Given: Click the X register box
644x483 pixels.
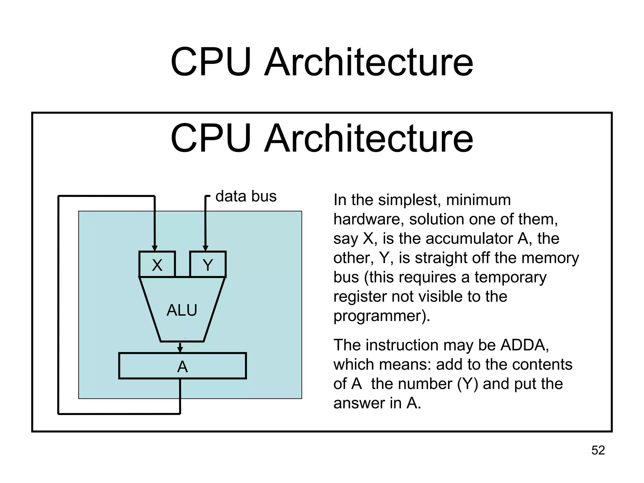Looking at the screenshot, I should [157, 264].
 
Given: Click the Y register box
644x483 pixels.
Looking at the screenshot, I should [208, 264].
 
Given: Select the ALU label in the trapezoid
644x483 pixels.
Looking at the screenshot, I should [182, 310].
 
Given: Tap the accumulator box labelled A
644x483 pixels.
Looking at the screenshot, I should [182, 366].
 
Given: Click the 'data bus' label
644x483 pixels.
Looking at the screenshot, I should [246, 196].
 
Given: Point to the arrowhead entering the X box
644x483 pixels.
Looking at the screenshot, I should [154, 248].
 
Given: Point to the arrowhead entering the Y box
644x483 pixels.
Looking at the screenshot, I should [205, 248].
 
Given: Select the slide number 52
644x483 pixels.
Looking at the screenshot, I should [598, 450].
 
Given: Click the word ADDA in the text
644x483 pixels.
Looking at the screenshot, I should [524, 345].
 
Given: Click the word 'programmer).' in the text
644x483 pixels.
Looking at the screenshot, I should [381, 316].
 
